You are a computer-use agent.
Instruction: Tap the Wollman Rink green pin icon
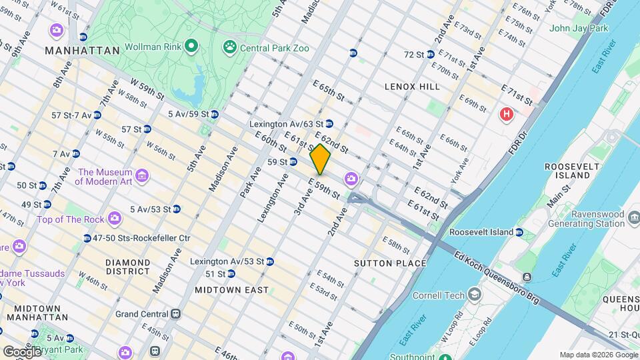[x=191, y=47]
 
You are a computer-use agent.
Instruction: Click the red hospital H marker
[x=507, y=115]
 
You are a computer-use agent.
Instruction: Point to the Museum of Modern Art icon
[x=141, y=176]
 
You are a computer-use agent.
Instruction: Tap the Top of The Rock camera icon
[x=115, y=219]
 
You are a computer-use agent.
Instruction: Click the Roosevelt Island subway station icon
[x=519, y=232]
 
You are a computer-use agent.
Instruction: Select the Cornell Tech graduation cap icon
[x=473, y=295]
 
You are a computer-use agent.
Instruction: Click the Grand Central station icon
[x=176, y=313]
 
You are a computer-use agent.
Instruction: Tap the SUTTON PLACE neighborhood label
[x=390, y=263]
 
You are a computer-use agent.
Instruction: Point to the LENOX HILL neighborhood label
[x=412, y=87]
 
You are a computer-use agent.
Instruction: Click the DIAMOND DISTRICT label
[x=127, y=267]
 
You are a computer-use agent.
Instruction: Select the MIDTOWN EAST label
[x=232, y=290]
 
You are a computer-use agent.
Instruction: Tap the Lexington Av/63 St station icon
[x=329, y=124]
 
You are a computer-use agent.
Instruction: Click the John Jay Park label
[x=579, y=29]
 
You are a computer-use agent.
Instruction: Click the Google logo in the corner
[x=22, y=351]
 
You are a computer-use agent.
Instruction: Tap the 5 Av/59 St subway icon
[x=213, y=114]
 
